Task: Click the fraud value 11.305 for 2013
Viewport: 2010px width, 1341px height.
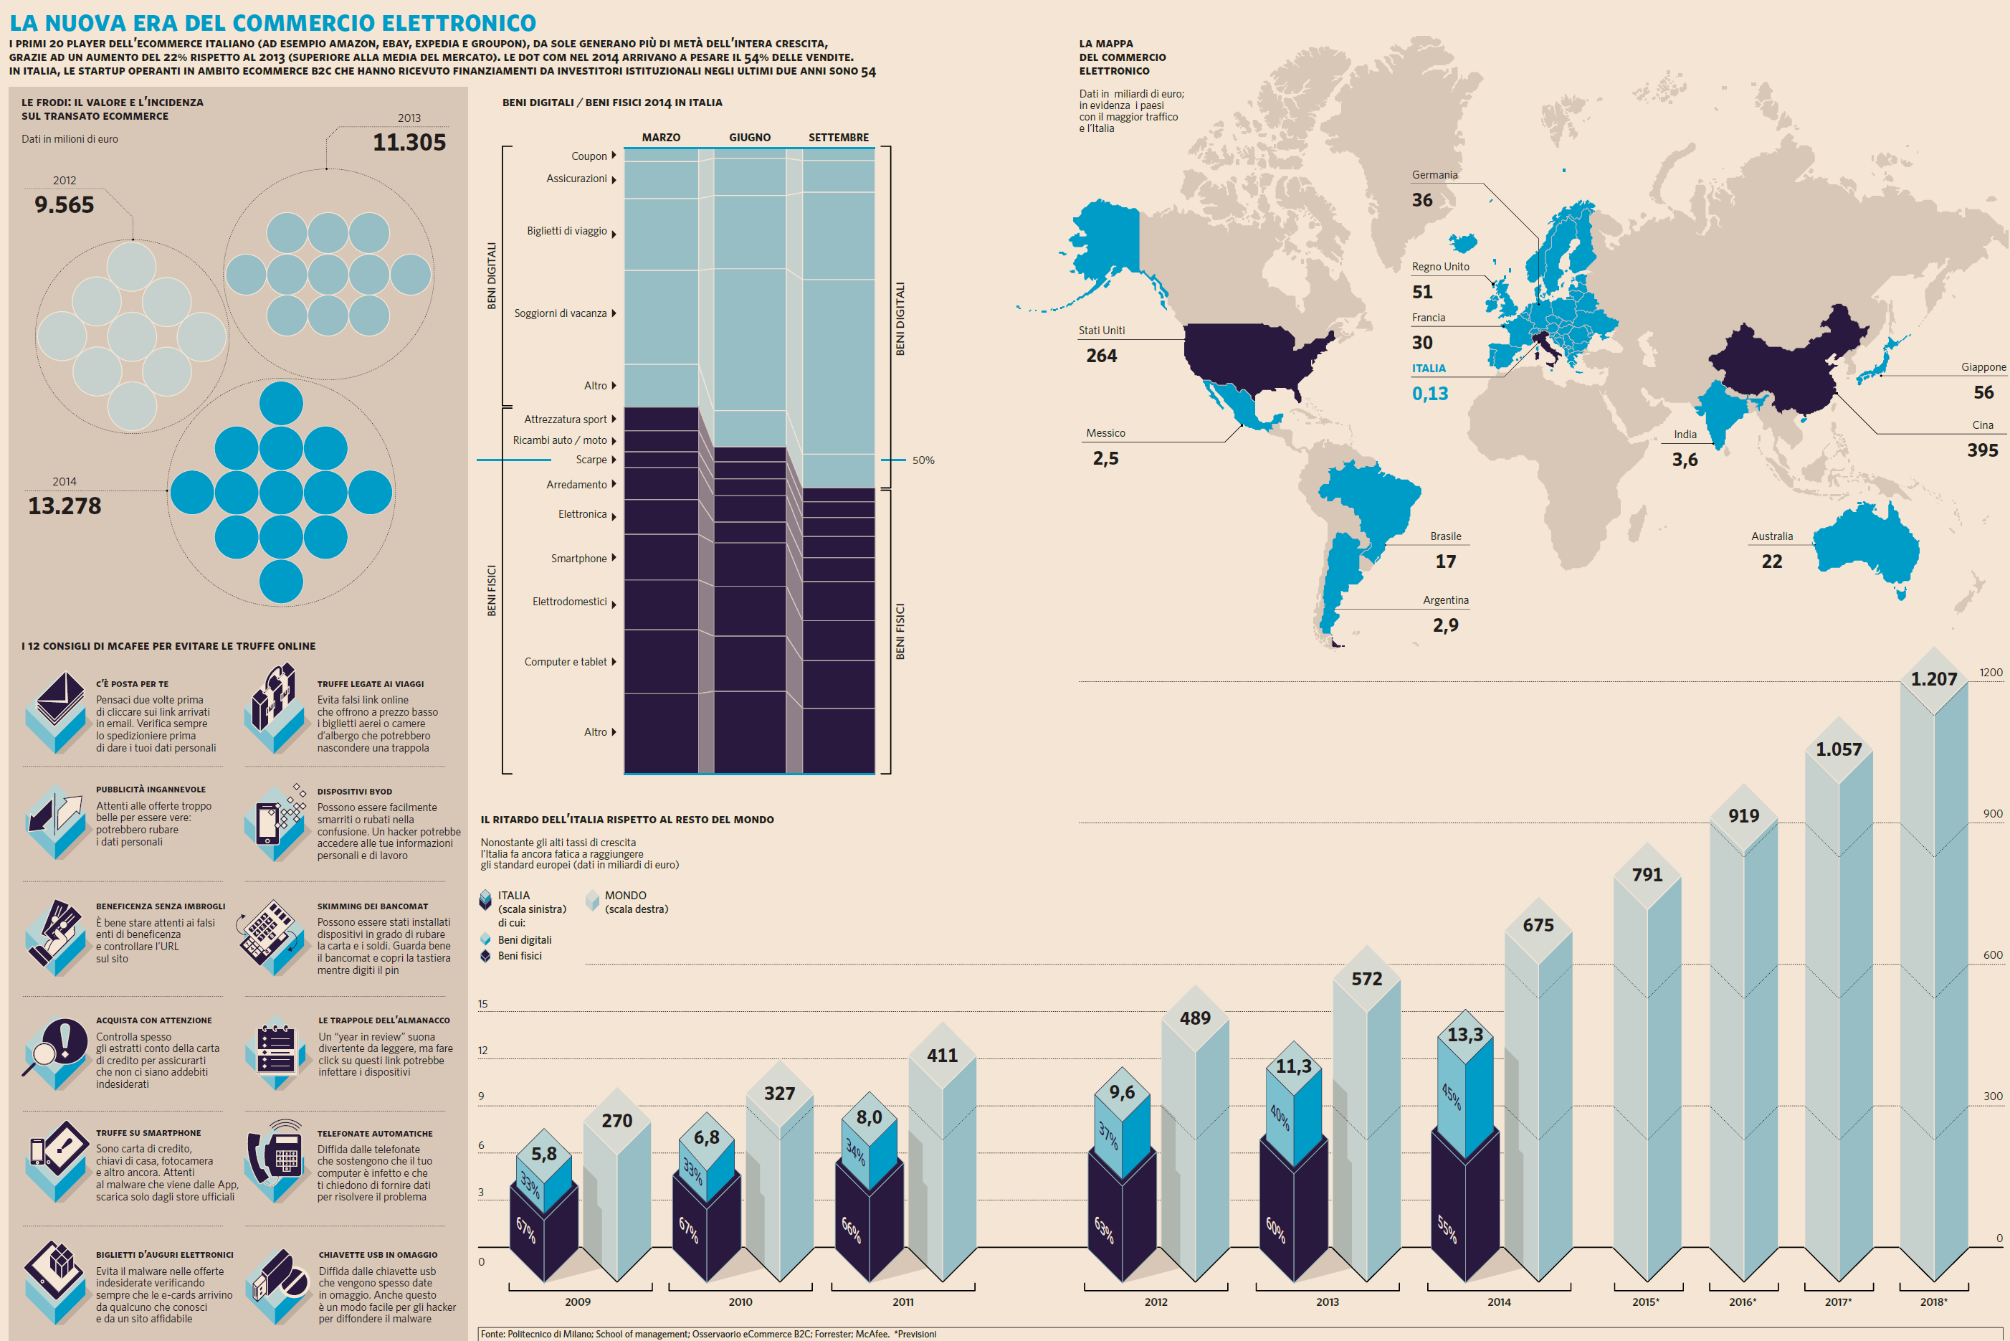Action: [409, 142]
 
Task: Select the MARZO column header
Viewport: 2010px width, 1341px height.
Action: [661, 137]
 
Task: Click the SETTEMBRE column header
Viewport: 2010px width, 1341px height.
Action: [838, 137]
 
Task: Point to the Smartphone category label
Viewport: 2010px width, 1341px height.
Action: [578, 559]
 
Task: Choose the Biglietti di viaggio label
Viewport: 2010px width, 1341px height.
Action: [567, 231]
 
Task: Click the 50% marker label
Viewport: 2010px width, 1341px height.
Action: [923, 460]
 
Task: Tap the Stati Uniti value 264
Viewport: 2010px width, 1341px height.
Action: [1101, 356]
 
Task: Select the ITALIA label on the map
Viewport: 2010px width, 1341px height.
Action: [1429, 369]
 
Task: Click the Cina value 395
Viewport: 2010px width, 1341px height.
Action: [1982, 450]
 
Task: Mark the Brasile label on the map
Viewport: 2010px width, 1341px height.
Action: [1446, 536]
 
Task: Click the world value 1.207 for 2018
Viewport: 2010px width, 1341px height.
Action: [1933, 679]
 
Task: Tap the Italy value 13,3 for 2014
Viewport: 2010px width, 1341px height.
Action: [1464, 1035]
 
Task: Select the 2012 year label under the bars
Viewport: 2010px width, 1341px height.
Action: [1156, 1302]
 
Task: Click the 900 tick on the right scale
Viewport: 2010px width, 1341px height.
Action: [1992, 813]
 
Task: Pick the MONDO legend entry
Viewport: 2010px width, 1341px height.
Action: [626, 896]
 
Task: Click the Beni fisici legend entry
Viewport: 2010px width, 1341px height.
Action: [519, 956]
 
